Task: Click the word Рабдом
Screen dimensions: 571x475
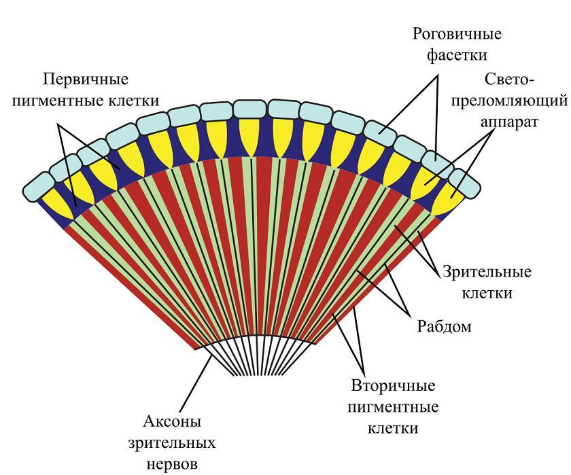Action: coord(444,326)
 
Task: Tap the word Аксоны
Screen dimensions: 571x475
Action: coord(172,421)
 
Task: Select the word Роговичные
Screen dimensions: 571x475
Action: coord(457,34)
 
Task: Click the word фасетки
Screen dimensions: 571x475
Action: coord(457,55)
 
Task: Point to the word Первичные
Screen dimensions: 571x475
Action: coord(86,79)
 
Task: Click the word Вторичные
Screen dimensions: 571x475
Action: coord(394,385)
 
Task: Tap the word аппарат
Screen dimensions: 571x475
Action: coord(508,122)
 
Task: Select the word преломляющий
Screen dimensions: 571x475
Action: coord(509,101)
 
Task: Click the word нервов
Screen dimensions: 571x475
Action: coord(172,464)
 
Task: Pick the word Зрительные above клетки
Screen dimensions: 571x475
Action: coord(487,272)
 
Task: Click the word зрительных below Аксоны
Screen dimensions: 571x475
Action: coord(171,443)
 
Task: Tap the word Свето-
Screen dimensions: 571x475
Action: coord(509,79)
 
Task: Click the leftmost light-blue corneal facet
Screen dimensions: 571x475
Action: coord(38,186)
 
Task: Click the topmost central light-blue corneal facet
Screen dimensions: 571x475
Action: coord(249,109)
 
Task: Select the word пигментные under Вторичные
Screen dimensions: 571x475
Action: coord(394,407)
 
